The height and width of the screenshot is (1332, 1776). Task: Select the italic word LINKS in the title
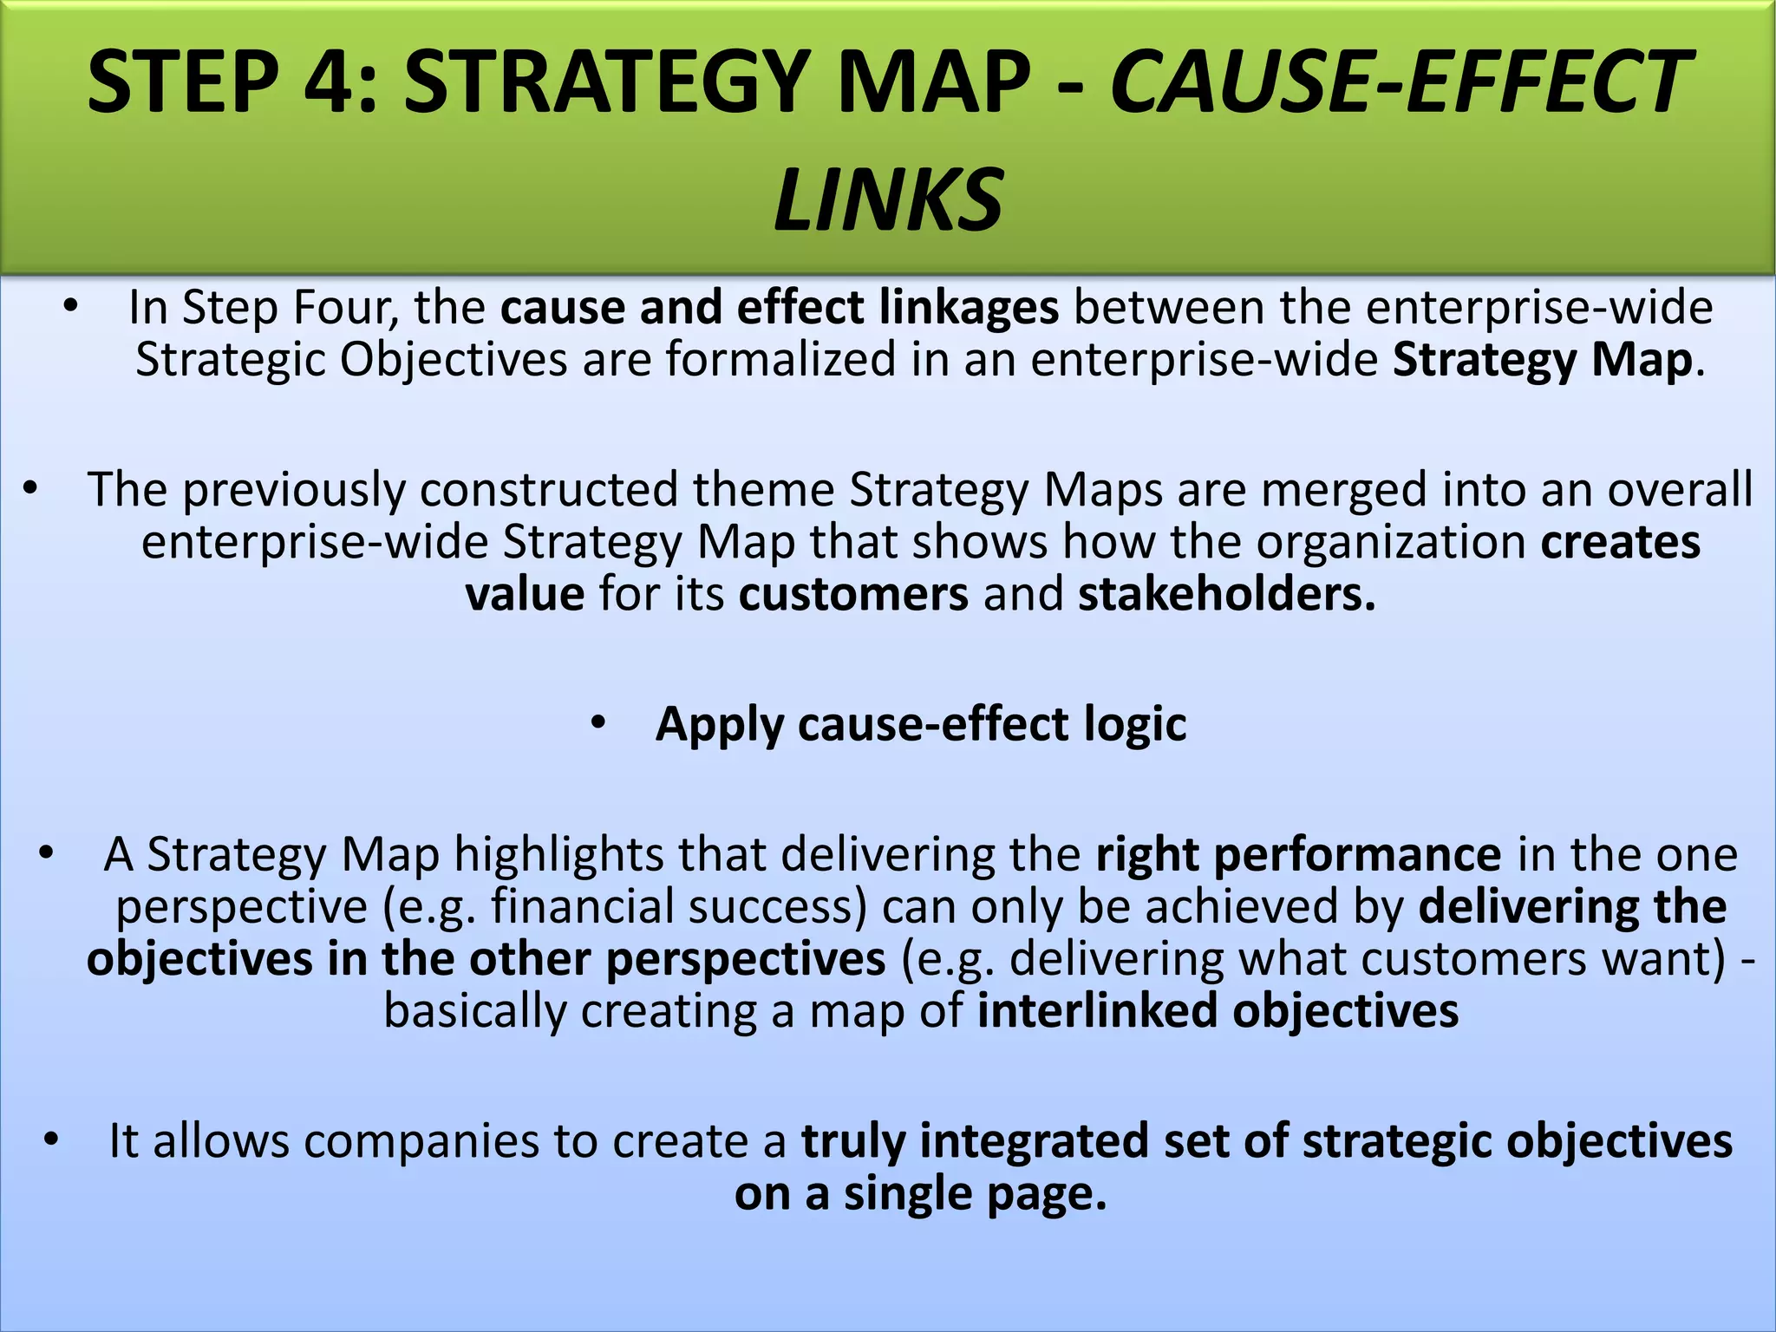(888, 201)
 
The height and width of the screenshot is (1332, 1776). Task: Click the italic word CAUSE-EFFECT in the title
(1398, 82)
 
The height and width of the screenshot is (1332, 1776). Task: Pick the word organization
(1391, 543)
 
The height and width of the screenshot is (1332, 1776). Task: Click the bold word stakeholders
(1226, 595)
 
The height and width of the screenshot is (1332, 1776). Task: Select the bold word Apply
(719, 725)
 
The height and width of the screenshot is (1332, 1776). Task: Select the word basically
(474, 1011)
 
